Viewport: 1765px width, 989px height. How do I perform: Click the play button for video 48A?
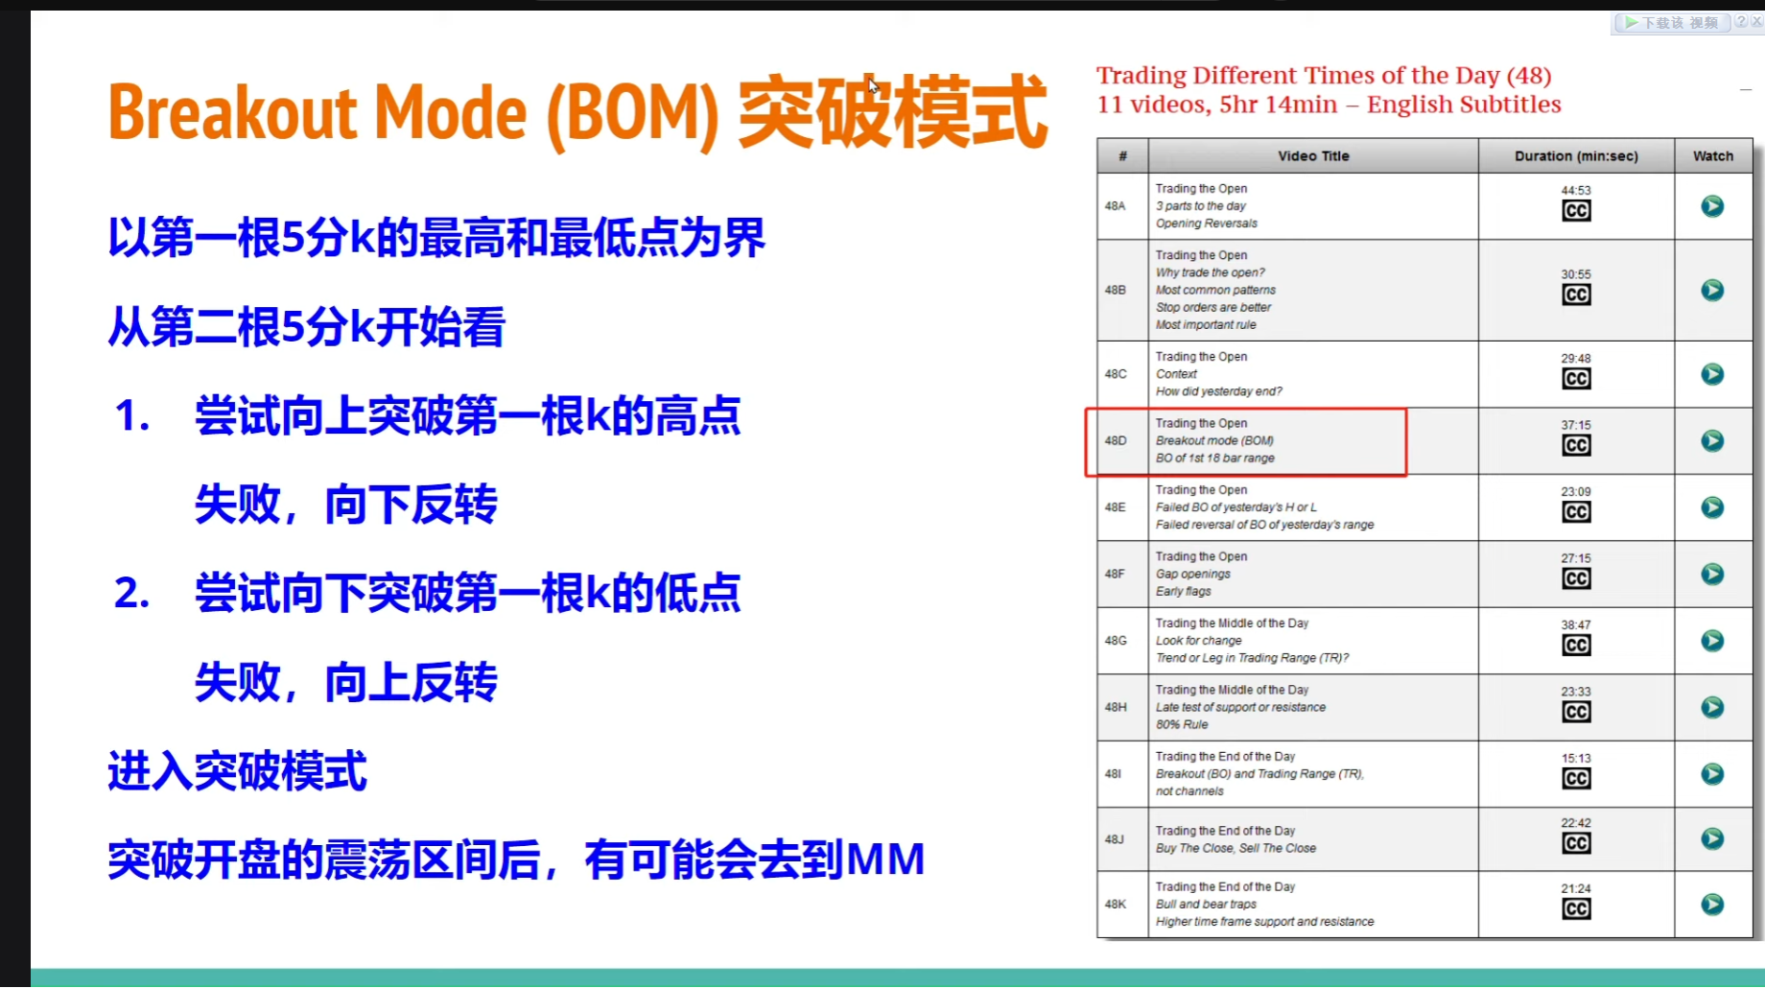[x=1712, y=206]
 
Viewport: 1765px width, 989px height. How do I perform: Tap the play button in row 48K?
[x=1712, y=905]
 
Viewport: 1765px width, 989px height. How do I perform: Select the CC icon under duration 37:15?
[x=1576, y=445]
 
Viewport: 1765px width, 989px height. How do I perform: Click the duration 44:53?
[x=1576, y=190]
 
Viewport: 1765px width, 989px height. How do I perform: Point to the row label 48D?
[x=1116, y=440]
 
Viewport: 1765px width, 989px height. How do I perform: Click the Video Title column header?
[x=1313, y=155]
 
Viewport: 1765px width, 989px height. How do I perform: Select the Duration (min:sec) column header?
[x=1576, y=155]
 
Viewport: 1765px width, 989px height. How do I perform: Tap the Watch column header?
[x=1713, y=155]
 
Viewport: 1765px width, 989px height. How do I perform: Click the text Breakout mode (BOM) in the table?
[x=1214, y=440]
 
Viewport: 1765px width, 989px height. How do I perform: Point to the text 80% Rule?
[x=1182, y=724]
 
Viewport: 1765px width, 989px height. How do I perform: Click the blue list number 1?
[x=131, y=416]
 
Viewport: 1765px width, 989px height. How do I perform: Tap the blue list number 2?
[x=131, y=593]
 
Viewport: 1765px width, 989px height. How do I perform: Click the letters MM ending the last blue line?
[x=885, y=859]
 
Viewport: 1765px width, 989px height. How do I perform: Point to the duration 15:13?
[x=1576, y=758]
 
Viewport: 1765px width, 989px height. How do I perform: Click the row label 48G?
[x=1116, y=640]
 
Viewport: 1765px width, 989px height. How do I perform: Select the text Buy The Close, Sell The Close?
[x=1235, y=848]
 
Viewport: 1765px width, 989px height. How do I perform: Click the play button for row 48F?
[x=1712, y=574]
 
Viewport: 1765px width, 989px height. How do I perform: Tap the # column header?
[x=1122, y=155]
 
